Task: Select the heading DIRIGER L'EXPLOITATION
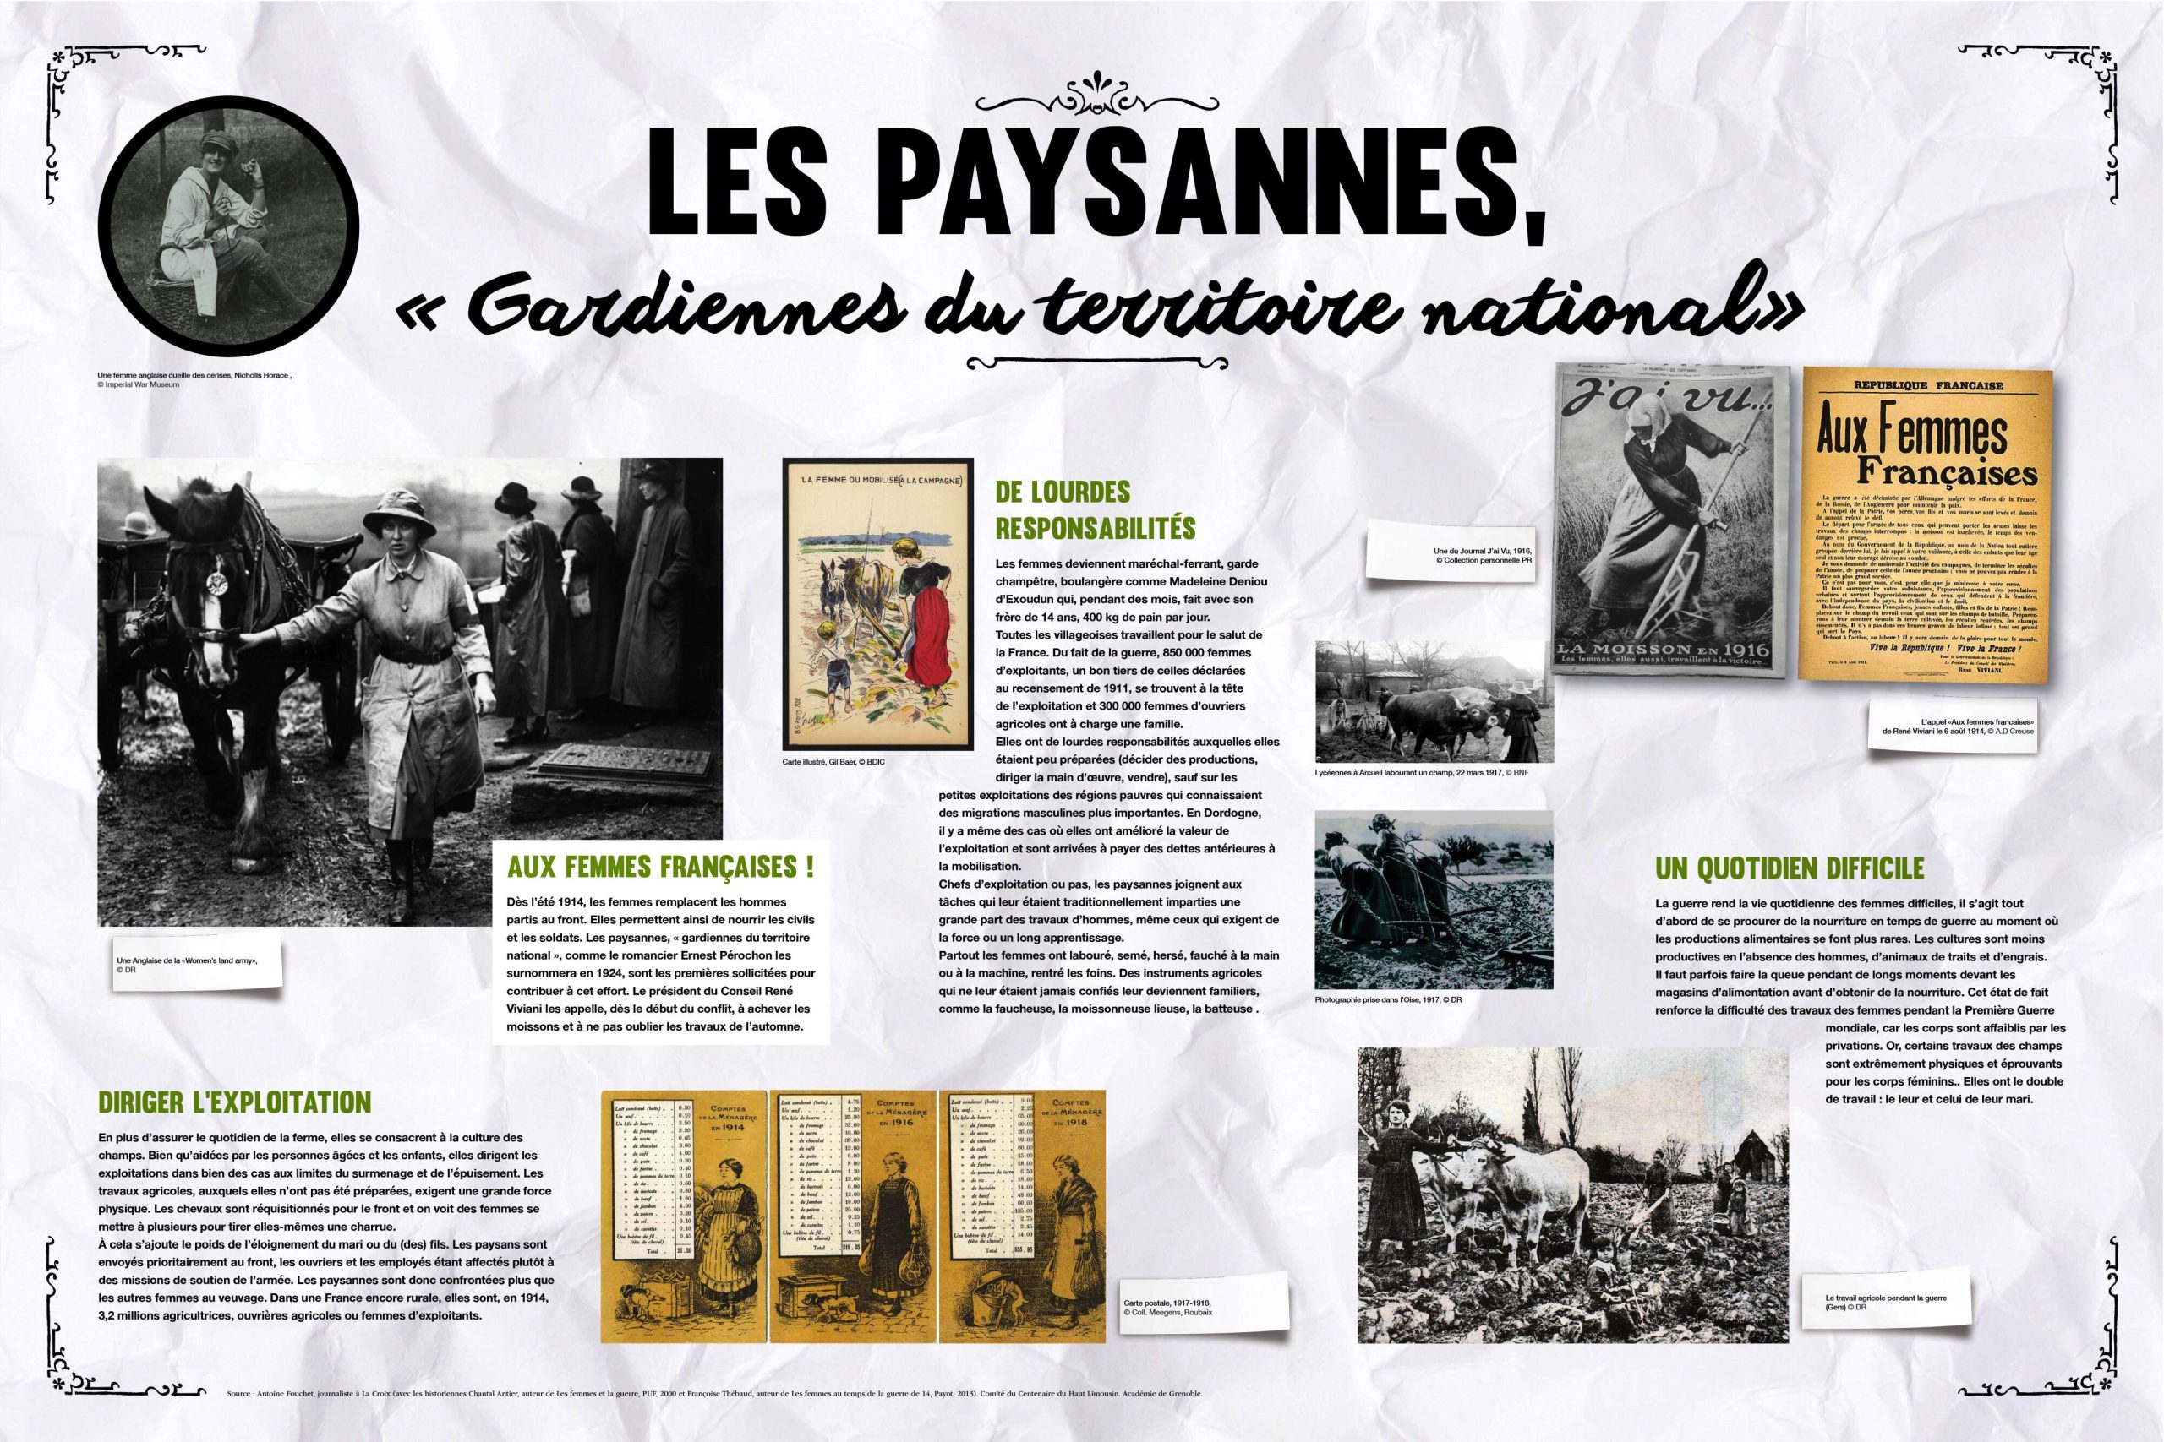pos(235,1102)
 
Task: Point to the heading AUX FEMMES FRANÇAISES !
pos(659,868)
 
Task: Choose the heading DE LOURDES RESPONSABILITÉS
pos(1095,509)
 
